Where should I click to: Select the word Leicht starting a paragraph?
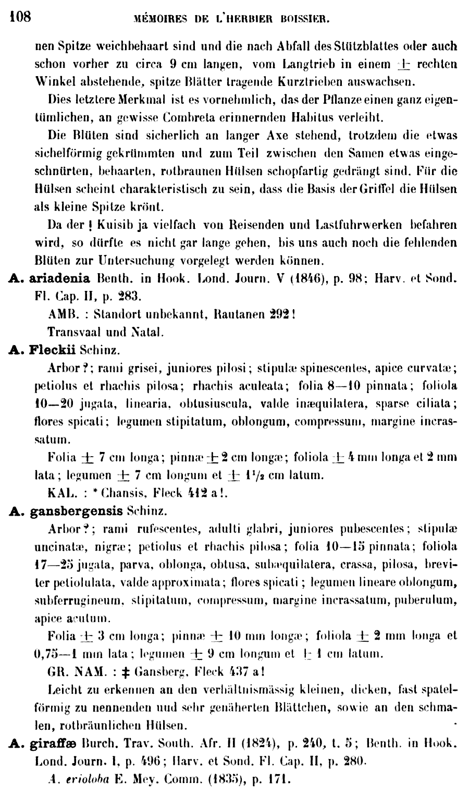[x=65, y=692]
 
